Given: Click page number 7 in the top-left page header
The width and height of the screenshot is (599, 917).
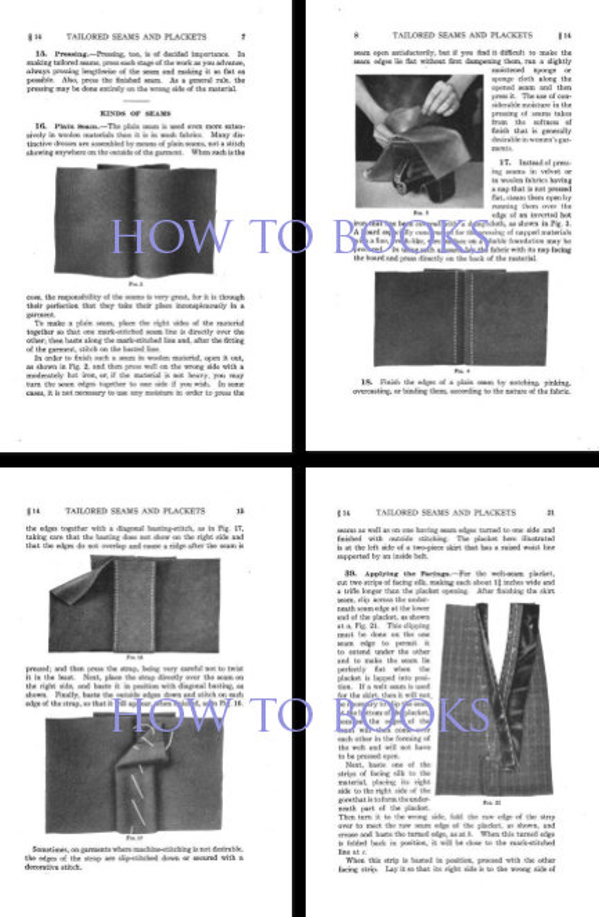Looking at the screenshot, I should [x=243, y=37].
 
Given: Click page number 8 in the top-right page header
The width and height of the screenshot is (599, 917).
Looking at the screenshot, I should [x=356, y=35].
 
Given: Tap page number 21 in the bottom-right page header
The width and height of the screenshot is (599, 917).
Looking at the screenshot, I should [x=551, y=513].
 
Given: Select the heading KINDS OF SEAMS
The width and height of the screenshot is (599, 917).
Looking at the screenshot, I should [x=135, y=113].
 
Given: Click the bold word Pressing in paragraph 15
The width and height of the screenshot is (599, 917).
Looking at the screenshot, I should [x=68, y=54].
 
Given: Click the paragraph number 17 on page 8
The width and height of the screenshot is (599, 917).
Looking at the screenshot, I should [x=505, y=162].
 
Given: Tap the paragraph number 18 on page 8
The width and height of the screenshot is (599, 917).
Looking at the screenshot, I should [x=366, y=382].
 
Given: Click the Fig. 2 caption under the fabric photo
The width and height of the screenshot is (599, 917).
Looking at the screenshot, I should [x=135, y=284].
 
